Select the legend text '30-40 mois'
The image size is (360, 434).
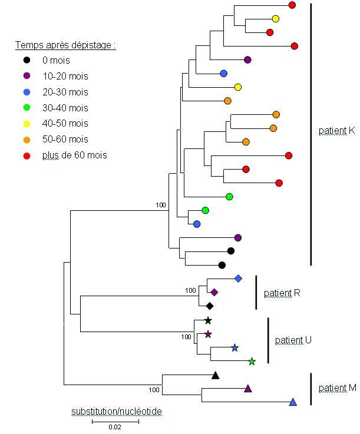pos(65,108)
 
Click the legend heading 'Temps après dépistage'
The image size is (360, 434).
pos(65,45)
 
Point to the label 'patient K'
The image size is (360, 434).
pos(336,131)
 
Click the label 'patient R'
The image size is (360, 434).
pos(282,293)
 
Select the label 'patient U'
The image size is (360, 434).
pos(293,340)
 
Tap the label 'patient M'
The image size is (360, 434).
pos(337,388)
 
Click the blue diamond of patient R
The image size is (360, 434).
pos(238,278)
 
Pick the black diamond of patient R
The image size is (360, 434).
pos(209,306)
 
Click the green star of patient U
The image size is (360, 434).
pos(252,362)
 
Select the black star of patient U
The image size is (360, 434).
pos(207,321)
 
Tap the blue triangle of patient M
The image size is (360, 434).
pos(293,402)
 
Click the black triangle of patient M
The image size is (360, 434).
pos(216,375)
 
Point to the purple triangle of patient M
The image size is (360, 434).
pos(248,389)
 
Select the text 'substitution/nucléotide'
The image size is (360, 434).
pos(117,410)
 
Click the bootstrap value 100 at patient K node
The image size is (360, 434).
pos(161,205)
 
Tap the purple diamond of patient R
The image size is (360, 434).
pos(214,292)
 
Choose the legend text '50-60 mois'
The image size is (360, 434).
pos(65,140)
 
